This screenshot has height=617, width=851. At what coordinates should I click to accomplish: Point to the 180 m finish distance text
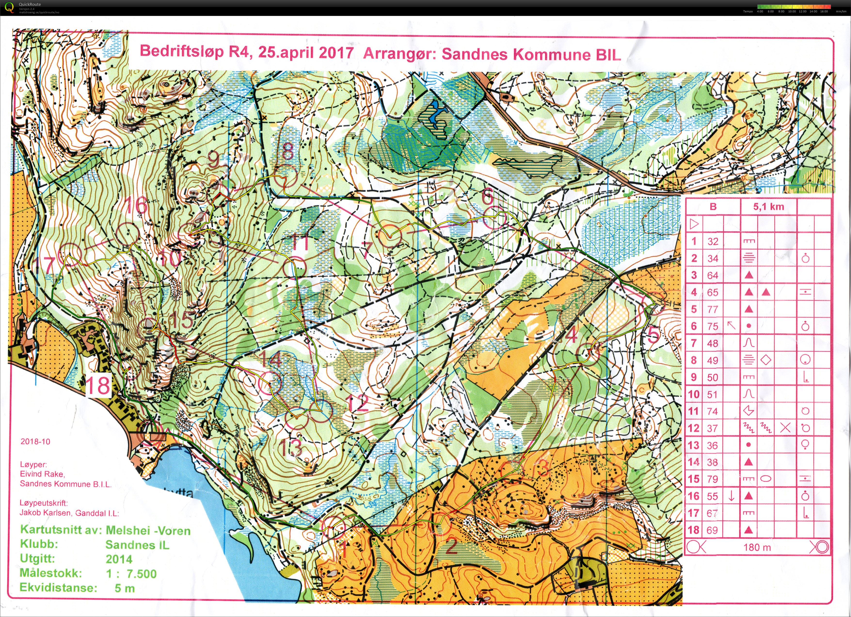757,547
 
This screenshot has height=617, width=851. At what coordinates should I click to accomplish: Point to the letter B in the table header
713,207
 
